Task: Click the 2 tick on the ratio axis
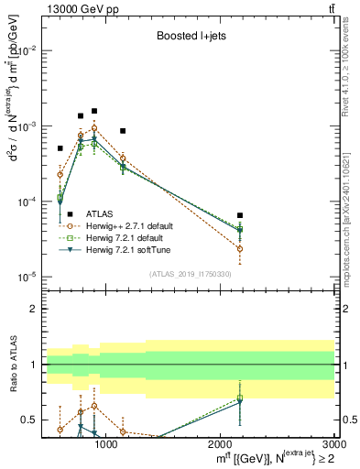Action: pos(34,309)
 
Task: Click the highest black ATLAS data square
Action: pos(94,111)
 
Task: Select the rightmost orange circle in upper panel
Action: pos(240,248)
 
